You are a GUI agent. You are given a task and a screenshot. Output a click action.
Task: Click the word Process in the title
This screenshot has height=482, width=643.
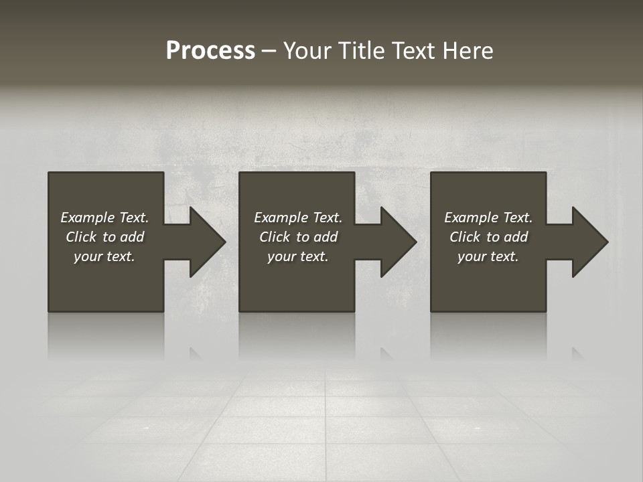click(x=210, y=51)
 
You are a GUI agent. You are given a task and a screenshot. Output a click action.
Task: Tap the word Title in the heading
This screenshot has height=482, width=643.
click(x=362, y=51)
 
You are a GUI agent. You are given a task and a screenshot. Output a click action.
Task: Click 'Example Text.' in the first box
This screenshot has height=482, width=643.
click(x=104, y=218)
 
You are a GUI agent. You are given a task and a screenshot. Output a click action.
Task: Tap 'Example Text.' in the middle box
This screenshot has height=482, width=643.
click(x=298, y=218)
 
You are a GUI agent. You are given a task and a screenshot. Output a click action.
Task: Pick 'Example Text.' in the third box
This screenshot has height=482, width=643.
click(x=488, y=218)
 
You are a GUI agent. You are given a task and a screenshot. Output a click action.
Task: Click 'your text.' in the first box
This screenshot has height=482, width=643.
click(x=104, y=256)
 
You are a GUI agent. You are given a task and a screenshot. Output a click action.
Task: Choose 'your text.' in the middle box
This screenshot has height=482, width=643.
click(x=298, y=256)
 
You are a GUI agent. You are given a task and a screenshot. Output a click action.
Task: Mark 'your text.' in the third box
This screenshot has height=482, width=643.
click(x=488, y=256)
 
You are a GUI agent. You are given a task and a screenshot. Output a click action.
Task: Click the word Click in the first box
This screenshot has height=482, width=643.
click(x=81, y=237)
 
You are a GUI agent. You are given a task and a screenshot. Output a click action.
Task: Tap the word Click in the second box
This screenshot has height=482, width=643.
click(x=275, y=237)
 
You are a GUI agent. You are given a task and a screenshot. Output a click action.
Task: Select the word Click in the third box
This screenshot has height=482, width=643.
click(x=465, y=237)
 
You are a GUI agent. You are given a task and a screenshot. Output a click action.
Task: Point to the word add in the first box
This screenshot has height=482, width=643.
click(x=132, y=237)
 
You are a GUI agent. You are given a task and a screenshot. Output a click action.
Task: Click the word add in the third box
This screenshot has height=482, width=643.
click(x=516, y=237)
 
